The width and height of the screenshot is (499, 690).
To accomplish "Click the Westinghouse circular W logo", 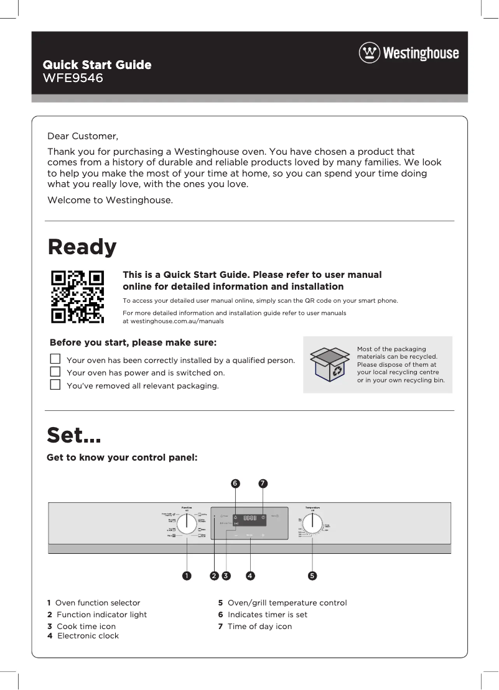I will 369,53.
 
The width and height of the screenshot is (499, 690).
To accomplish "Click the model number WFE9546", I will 72,78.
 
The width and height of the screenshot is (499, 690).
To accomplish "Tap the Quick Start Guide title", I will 96,65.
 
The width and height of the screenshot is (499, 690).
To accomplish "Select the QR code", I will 77,297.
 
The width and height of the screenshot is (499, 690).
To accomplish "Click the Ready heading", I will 82,247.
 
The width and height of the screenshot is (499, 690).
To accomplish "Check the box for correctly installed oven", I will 55,359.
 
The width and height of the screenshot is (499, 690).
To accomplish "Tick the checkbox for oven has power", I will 55,372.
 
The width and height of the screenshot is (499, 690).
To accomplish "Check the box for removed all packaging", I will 55,385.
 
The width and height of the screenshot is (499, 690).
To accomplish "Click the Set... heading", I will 74,435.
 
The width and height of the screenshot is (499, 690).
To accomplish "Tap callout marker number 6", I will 235,483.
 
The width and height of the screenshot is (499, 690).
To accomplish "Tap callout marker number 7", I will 263,483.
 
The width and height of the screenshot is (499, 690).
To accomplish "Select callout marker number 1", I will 186,576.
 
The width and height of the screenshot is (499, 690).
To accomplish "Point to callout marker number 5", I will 312,576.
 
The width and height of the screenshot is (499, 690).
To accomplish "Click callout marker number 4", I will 250,576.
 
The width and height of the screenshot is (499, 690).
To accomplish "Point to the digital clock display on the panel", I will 250,518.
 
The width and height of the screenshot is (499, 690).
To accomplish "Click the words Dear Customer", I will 83,136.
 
